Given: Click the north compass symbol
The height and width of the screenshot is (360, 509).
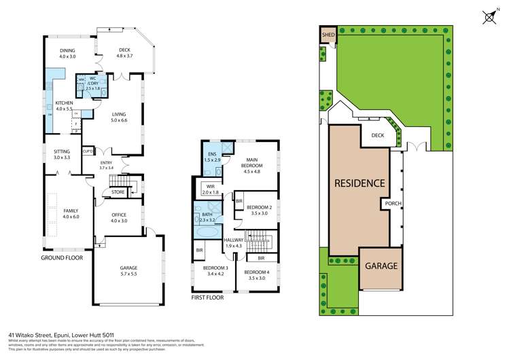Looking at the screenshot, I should click(x=488, y=17).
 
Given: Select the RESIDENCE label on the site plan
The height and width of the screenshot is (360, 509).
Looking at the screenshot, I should click(x=359, y=183).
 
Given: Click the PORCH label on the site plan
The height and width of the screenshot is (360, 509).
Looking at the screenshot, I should click(x=393, y=203).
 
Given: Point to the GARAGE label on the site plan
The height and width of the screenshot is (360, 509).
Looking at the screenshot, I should click(x=379, y=266).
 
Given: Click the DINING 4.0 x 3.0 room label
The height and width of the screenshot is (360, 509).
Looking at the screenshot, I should click(x=67, y=54).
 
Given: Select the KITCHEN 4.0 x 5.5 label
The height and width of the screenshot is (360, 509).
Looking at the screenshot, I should click(x=64, y=106).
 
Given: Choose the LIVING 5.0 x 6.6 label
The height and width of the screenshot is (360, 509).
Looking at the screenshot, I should click(x=119, y=118).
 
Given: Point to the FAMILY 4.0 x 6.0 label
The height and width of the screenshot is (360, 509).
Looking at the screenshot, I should click(x=67, y=213).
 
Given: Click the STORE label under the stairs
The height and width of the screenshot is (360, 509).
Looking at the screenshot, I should click(x=118, y=193).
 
